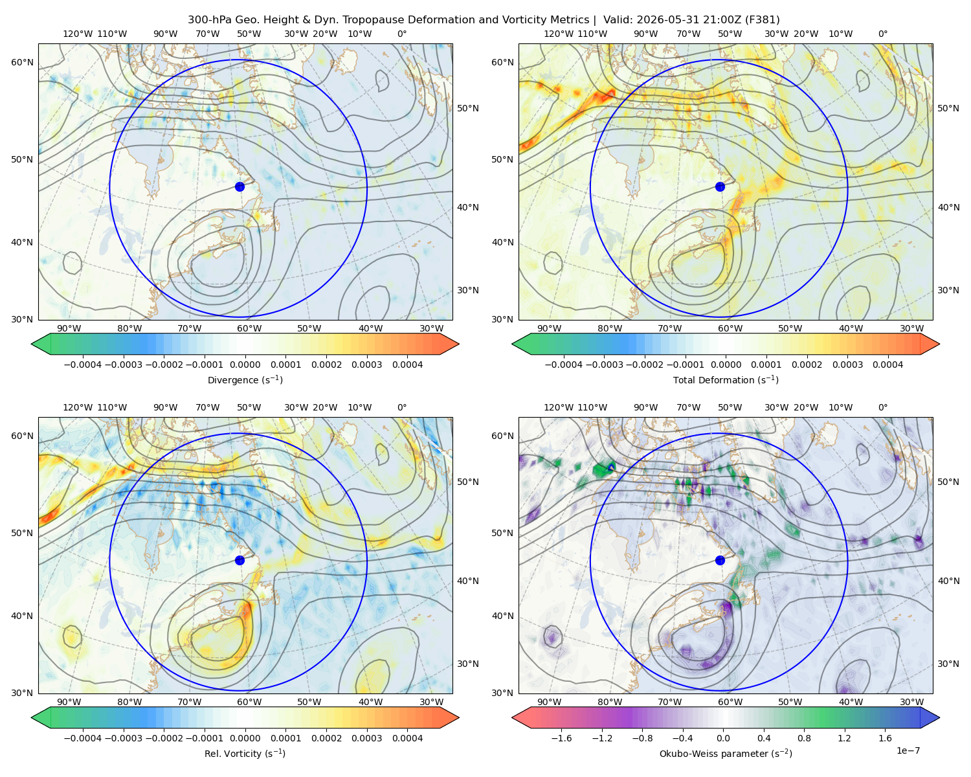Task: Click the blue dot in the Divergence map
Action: [240, 186]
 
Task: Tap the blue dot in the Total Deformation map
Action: [720, 186]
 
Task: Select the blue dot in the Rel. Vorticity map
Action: [240, 560]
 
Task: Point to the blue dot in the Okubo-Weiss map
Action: [720, 560]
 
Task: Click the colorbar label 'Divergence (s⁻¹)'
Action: [245, 379]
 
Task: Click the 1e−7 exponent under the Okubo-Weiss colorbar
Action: [908, 750]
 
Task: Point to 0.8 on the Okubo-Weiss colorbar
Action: [804, 738]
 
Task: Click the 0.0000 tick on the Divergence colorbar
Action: [245, 365]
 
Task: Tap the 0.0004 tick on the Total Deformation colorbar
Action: [888, 365]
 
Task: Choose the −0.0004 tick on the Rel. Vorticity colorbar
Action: [83, 738]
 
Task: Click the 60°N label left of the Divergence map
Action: [22, 62]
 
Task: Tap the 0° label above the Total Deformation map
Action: [882, 34]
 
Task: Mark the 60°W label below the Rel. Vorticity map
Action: [249, 702]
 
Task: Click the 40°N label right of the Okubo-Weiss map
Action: [948, 581]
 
